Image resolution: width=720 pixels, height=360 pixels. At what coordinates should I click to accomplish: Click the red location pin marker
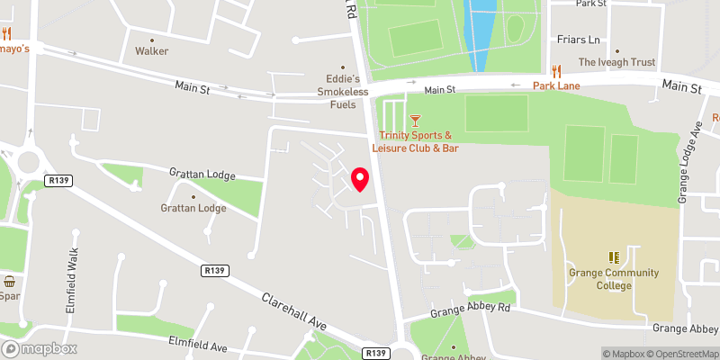(x=359, y=179)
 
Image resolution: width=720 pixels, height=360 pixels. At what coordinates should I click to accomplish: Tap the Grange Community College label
(x=613, y=279)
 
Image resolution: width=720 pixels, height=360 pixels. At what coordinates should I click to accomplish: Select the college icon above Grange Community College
(x=613, y=257)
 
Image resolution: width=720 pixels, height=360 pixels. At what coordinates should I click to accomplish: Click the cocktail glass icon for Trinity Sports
(x=415, y=120)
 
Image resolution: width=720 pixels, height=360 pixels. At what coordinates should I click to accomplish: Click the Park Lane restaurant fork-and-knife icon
(x=556, y=71)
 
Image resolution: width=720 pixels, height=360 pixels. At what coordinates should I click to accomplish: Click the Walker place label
(x=152, y=51)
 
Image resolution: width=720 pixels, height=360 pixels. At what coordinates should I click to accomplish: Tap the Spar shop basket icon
(x=9, y=281)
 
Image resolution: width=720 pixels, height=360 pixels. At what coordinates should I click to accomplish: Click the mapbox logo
(x=39, y=348)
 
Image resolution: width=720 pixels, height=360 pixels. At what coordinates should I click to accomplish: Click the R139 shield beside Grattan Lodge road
(x=61, y=181)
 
